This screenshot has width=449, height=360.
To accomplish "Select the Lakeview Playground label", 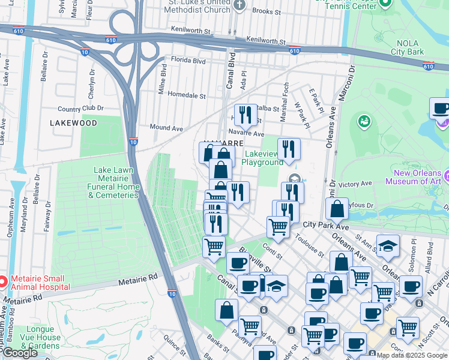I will coord(262,158).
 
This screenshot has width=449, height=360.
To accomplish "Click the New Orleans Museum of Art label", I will coord(417,177).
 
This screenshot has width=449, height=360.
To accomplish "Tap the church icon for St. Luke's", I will coord(240,6).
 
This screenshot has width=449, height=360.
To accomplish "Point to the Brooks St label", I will coord(268,11).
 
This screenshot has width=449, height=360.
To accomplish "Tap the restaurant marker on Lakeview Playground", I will coord(289,150).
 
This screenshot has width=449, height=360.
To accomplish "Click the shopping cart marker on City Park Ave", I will coord(278,227).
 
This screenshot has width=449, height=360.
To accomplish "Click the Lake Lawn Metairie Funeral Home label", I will coord(116,182).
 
